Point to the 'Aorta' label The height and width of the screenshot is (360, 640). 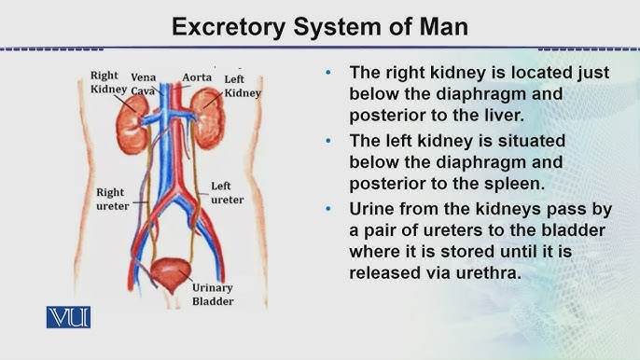[197, 77]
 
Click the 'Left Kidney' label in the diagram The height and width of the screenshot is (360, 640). [243, 87]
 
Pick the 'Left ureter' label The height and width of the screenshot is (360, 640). [227, 193]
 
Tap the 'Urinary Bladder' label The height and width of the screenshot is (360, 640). [213, 295]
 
